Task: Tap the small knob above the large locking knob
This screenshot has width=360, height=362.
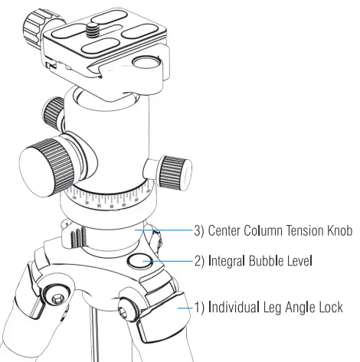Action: [54, 110]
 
